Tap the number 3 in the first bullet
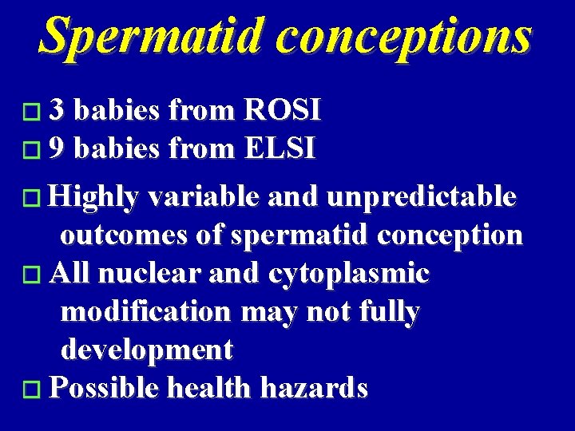(56, 111)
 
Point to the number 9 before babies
(56, 148)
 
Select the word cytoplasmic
(349, 274)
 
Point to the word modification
(145, 312)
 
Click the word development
(147, 350)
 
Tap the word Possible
(103, 388)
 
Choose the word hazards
(319, 388)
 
